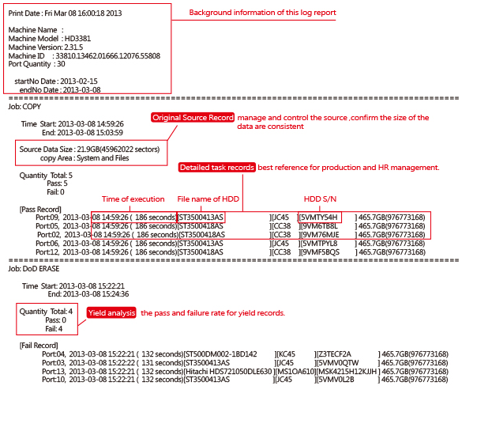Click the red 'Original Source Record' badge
193,118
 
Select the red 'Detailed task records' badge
216,168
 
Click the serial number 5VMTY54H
319,217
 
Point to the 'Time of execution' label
133,198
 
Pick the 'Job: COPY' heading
25,105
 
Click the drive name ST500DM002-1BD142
220,353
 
